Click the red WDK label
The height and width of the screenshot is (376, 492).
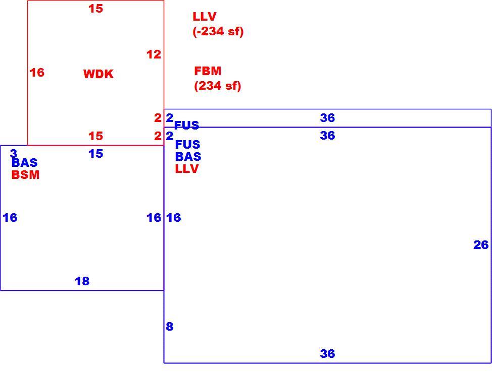coord(98,74)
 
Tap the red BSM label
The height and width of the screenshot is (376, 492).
coord(25,175)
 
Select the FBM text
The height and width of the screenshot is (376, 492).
coord(208,71)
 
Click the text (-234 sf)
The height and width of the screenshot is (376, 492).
coord(218,31)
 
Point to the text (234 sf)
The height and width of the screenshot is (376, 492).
coord(217,86)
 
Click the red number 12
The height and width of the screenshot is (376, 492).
coord(154,54)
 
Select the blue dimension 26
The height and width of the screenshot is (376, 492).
coord(481,245)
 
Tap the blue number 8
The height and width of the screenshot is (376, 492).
coord(169,327)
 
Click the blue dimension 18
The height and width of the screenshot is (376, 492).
coord(82,281)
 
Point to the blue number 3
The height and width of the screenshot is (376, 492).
coord(14,153)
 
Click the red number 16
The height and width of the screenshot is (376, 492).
coord(37,73)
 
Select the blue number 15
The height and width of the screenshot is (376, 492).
coord(95,154)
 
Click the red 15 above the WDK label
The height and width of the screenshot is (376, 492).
coord(95,9)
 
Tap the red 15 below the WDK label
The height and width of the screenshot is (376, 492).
coord(95,136)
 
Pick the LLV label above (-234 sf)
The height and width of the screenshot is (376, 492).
coord(205,16)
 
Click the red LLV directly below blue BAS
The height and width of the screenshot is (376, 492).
coord(187,168)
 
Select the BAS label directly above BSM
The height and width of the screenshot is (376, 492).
coord(24,162)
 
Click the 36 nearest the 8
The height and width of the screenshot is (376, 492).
coord(327,354)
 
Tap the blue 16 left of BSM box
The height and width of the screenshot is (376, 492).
coord(10,218)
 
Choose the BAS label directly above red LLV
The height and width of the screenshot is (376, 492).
coord(188,156)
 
